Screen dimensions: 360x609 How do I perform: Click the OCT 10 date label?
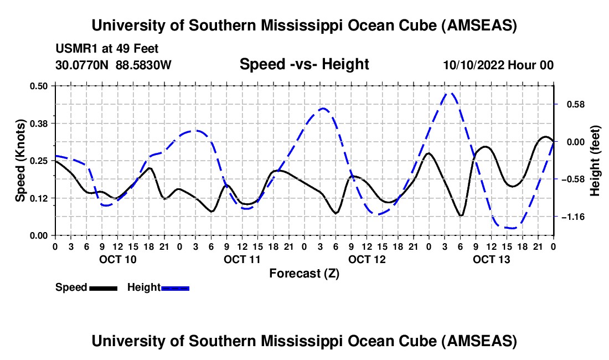[118, 259]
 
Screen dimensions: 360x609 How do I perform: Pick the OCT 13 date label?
[492, 259]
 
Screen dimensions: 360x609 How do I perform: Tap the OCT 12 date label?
[367, 259]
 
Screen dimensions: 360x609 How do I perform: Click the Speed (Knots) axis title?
[20, 160]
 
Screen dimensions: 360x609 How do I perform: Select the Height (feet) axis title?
[595, 160]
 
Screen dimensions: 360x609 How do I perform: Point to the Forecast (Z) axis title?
[304, 273]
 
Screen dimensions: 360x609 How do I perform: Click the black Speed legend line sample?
[103, 287]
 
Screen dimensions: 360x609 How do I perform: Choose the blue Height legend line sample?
[175, 287]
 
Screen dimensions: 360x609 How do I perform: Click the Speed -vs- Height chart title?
[304, 64]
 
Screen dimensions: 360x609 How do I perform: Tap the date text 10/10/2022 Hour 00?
[498, 65]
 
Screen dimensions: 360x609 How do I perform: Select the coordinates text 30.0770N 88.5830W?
[113, 65]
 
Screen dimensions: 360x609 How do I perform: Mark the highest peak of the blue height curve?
[451, 93]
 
